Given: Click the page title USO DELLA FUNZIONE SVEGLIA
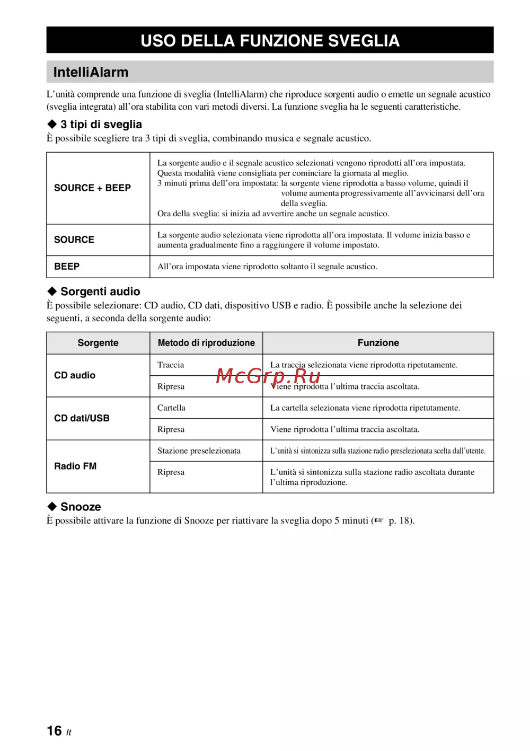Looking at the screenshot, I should [x=270, y=41].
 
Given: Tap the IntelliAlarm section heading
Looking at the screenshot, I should [x=91, y=72].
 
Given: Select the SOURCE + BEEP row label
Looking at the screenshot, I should [x=92, y=188].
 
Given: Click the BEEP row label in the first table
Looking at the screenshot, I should [x=67, y=267].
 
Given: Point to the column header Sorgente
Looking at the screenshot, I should [x=98, y=343].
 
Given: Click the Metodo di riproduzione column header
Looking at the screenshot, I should [x=206, y=343].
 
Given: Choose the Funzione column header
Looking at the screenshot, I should [x=378, y=343].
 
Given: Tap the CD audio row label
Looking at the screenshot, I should [x=75, y=375].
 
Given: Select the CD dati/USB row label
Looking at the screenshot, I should [x=82, y=418].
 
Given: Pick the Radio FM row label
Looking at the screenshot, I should [x=75, y=466].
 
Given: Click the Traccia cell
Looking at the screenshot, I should [x=171, y=365].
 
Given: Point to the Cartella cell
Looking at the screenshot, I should [x=171, y=408].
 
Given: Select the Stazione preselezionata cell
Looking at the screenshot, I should [x=199, y=450].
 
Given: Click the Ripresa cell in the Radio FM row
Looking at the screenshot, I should [x=171, y=472].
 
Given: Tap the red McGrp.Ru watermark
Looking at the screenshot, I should [x=268, y=376].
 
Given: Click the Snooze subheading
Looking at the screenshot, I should [x=81, y=507].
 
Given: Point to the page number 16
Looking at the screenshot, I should [x=54, y=731].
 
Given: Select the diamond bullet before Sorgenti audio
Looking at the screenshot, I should [x=52, y=291].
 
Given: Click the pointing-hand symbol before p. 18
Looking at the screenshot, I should [x=378, y=520].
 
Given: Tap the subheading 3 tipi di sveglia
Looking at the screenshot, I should [x=101, y=125].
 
